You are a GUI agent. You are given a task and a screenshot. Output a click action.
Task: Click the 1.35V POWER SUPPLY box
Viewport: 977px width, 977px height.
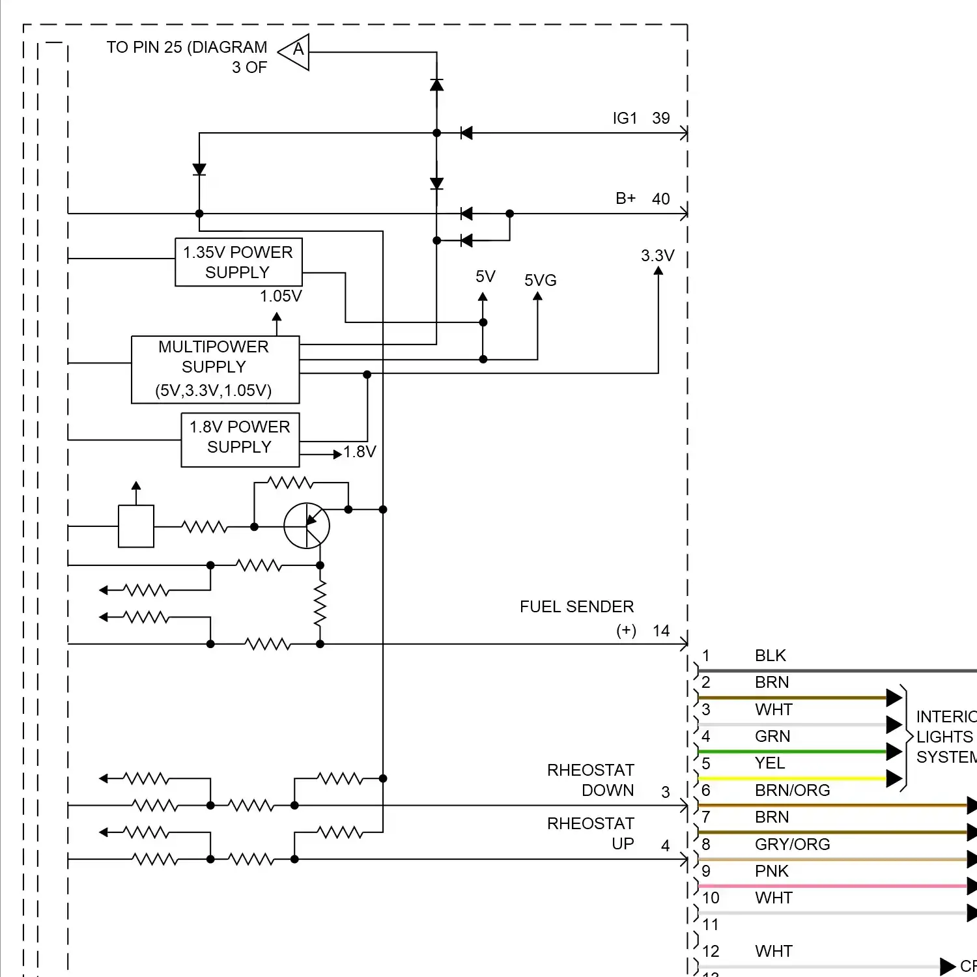tap(238, 262)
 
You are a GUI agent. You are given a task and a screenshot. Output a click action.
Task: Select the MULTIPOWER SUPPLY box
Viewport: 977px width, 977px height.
tap(215, 369)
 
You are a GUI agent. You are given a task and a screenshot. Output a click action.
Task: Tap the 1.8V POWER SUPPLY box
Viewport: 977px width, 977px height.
tap(240, 440)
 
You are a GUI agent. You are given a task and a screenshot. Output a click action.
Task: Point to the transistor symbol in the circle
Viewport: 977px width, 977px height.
tap(307, 526)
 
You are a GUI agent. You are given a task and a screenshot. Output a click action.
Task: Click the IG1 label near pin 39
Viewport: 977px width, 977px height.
tap(624, 118)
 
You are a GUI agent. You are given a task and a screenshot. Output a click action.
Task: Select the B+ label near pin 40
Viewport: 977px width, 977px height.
tap(625, 198)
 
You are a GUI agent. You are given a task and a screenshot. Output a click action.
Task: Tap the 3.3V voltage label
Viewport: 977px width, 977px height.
tap(657, 255)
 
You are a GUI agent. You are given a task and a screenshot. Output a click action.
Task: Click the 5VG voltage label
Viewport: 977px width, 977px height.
tap(540, 280)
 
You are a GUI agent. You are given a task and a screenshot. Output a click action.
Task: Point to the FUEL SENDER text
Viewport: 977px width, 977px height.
tap(576, 606)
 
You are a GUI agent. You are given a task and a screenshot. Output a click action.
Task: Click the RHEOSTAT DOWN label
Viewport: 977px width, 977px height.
tap(590, 780)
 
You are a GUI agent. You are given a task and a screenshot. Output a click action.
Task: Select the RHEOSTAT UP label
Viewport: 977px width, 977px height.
tap(590, 833)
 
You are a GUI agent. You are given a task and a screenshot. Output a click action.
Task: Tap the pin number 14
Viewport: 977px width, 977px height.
tap(660, 630)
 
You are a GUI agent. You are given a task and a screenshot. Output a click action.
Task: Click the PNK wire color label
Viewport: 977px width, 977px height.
tap(771, 871)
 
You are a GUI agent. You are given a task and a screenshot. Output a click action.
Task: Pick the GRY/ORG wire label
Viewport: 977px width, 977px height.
tap(792, 844)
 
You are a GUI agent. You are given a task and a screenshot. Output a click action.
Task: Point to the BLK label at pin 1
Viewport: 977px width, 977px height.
tap(770, 655)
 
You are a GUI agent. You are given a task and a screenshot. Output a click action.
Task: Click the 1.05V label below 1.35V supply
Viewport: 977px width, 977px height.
tap(281, 296)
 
